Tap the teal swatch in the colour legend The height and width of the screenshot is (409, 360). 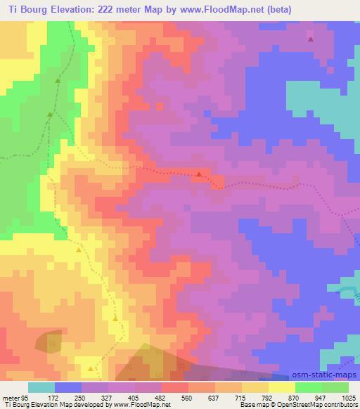tap(41, 387)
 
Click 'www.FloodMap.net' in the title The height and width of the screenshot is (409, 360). tap(217, 9)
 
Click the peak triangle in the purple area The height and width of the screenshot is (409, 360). tap(310, 39)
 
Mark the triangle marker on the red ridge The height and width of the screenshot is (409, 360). tap(199, 174)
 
